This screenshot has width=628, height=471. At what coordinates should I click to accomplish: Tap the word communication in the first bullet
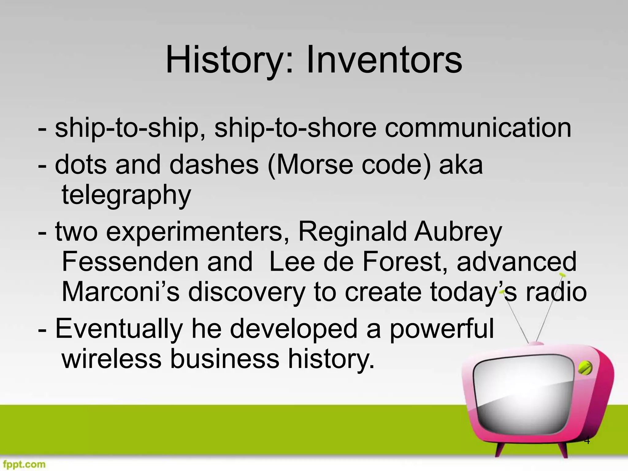click(x=478, y=128)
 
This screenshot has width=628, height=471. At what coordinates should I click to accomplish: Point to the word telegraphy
click(x=126, y=196)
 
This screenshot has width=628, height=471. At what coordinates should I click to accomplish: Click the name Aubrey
click(x=458, y=232)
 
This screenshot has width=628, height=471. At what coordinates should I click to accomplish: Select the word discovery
click(x=247, y=292)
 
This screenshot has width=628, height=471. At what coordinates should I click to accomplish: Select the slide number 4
click(x=587, y=441)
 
